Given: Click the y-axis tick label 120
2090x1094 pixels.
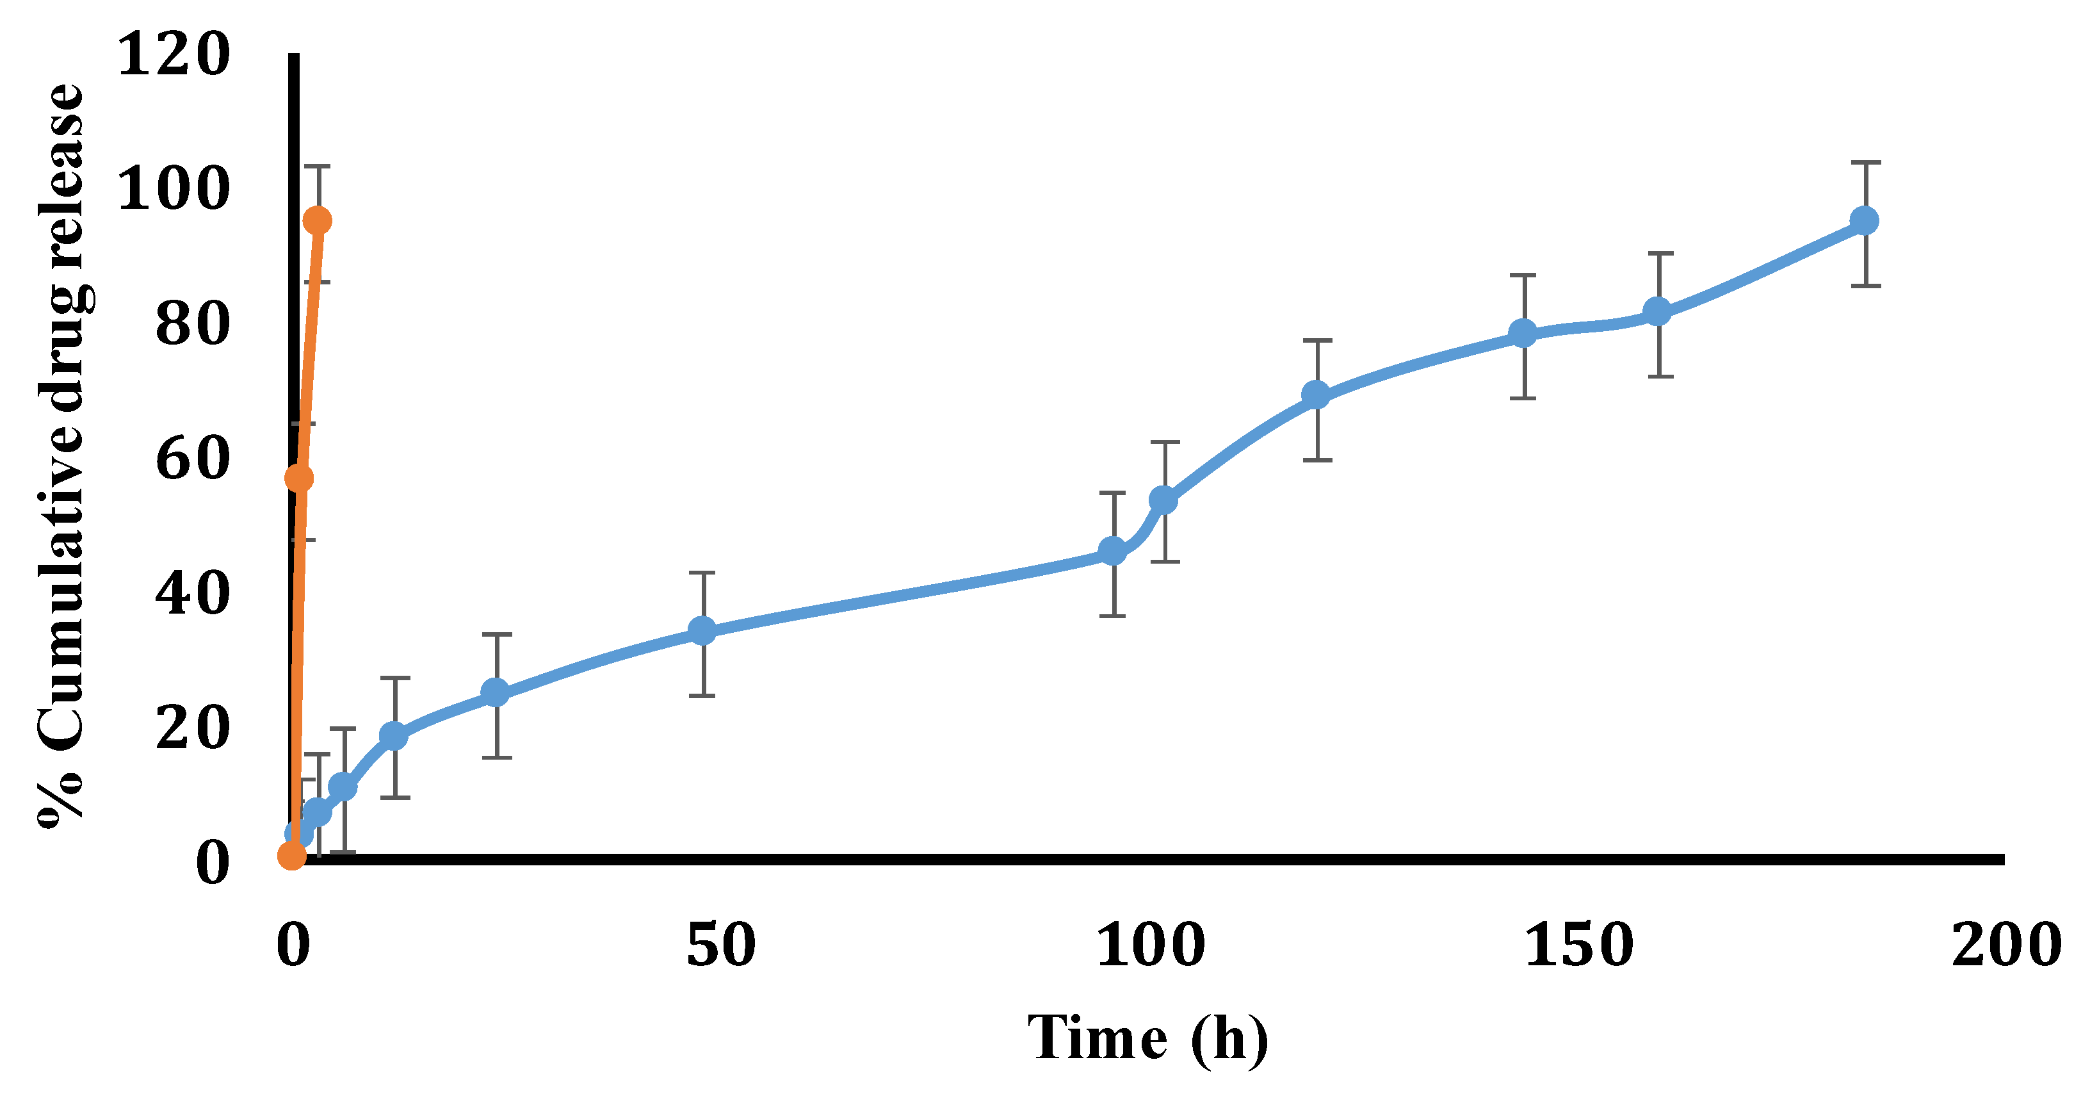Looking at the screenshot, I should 174,57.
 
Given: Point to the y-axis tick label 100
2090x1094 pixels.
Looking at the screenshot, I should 174,191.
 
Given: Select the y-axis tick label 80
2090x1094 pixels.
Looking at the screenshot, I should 192,325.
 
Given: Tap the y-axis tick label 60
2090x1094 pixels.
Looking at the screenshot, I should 192,460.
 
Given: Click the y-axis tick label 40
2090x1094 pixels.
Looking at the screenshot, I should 192,595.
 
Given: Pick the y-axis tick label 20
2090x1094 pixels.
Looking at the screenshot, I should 192,729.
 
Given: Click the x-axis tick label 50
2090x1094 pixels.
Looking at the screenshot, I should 720,946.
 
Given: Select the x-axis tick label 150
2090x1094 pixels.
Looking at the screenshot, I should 1578,946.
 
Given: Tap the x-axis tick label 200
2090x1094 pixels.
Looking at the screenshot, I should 2005,946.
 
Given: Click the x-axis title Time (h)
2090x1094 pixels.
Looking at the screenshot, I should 1148,1038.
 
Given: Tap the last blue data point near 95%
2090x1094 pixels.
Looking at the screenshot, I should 1865,221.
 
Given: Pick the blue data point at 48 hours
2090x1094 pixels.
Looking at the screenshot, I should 702,631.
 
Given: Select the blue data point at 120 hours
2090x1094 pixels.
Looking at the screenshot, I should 1316,395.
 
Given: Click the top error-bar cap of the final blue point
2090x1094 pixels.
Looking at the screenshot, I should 1865,163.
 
